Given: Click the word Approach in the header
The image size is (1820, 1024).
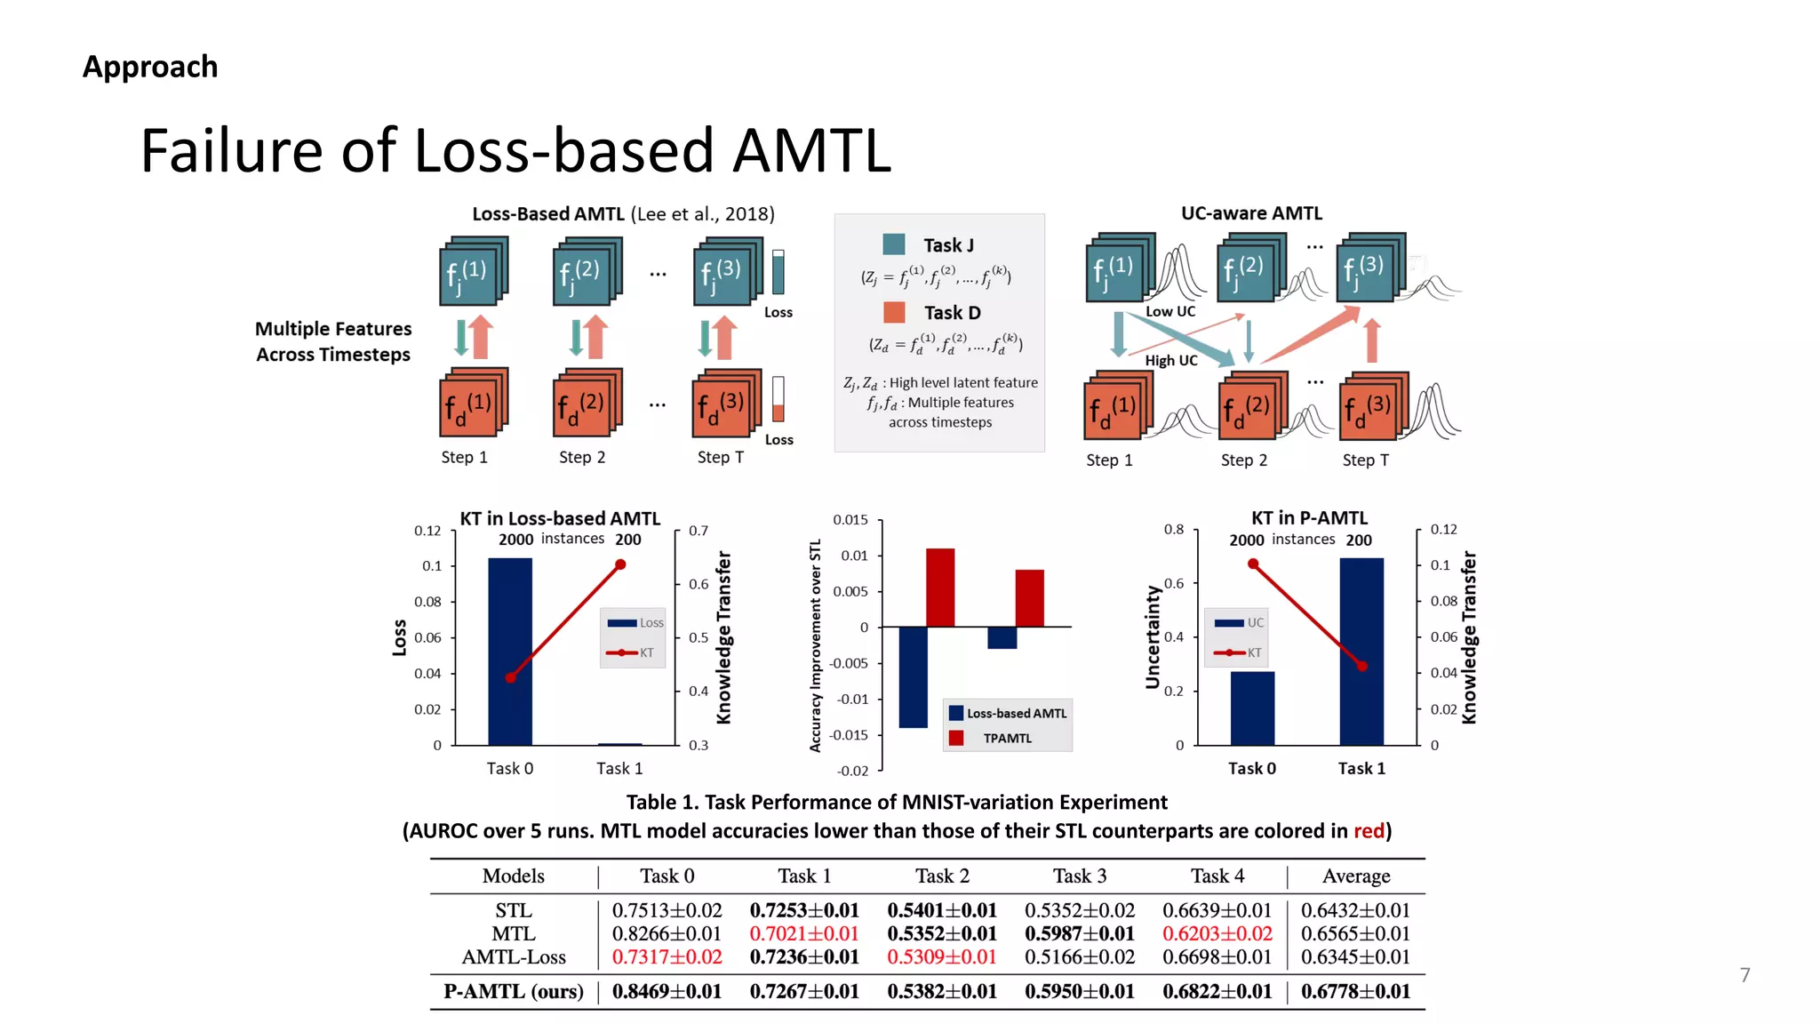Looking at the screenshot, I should [x=150, y=67].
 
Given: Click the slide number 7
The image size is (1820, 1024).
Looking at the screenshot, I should [x=1744, y=975].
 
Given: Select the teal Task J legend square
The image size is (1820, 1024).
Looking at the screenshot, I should [x=893, y=244].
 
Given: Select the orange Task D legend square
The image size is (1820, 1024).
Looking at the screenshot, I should [x=894, y=312].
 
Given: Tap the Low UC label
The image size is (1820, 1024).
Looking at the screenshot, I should [x=1169, y=311].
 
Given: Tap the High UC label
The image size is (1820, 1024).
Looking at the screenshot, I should [x=1170, y=360].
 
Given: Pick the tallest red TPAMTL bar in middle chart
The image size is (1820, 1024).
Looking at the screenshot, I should [x=940, y=588].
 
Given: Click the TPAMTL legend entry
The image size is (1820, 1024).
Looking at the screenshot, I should [x=1006, y=738].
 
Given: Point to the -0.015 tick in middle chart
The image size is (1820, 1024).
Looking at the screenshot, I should [x=850, y=735].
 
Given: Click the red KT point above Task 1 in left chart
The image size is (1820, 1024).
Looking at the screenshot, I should [x=620, y=564].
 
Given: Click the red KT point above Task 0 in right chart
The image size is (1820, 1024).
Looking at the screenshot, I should [x=1252, y=564].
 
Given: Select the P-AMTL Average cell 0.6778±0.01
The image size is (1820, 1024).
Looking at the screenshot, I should [x=1355, y=991].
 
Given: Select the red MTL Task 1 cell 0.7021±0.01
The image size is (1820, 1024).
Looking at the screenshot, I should [x=803, y=933].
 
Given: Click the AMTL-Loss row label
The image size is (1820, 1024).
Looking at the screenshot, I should [x=514, y=957].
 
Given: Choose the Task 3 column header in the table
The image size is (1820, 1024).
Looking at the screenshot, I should [x=1080, y=876].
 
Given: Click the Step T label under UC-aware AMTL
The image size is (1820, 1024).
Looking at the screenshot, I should [x=1365, y=460].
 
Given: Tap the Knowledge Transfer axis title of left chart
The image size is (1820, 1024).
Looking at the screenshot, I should [x=723, y=637].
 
